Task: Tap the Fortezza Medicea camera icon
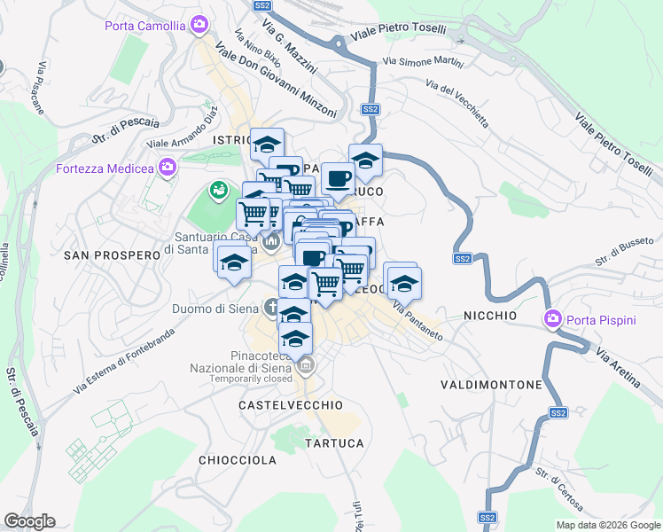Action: click(x=167, y=167)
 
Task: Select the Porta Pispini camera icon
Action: click(x=554, y=317)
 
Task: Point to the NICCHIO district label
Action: click(x=489, y=316)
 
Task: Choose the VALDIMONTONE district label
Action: click(x=491, y=385)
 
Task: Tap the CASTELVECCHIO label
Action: click(x=290, y=404)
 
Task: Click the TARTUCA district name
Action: click(x=334, y=442)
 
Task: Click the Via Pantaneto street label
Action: click(x=417, y=321)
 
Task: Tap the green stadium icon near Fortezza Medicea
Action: click(x=218, y=190)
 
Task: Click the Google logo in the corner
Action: click(x=29, y=521)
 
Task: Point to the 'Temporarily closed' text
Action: click(x=251, y=379)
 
